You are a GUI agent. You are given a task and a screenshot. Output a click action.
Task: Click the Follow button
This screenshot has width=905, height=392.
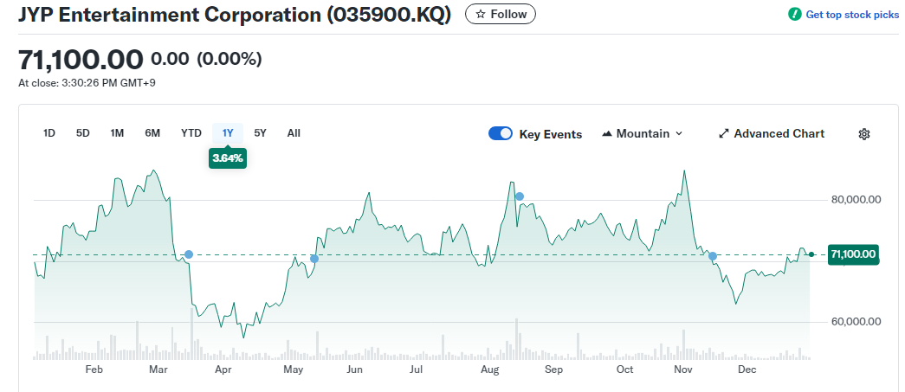[x=501, y=15]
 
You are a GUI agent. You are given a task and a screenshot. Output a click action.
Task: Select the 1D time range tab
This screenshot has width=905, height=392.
[x=49, y=133]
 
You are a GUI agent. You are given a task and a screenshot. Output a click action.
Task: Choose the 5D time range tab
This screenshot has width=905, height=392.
[x=83, y=133]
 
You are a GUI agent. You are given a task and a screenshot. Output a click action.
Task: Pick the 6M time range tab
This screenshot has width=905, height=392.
[x=152, y=133]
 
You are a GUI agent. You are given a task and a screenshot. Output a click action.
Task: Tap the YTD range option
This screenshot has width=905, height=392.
[x=191, y=133]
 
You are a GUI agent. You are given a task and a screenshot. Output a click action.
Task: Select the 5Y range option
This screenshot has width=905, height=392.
[x=261, y=133]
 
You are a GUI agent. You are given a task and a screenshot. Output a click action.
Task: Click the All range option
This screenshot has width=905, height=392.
[x=294, y=133]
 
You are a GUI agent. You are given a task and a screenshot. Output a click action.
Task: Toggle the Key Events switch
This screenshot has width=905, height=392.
[x=501, y=133]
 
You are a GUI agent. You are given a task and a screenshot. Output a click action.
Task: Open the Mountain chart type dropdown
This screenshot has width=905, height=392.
[x=643, y=133]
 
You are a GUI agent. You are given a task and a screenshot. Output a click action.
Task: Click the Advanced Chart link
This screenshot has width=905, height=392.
[x=772, y=133]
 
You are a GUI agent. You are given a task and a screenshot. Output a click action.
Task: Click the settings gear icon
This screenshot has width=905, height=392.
[x=863, y=133]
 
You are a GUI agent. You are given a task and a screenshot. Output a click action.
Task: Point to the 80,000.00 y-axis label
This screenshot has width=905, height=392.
[x=856, y=200]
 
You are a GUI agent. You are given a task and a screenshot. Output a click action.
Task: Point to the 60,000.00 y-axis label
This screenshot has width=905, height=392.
[x=856, y=322]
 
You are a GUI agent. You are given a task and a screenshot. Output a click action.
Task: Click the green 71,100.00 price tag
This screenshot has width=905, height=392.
[x=853, y=254]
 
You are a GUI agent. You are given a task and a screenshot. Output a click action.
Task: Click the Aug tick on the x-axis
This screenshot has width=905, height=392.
[x=490, y=370]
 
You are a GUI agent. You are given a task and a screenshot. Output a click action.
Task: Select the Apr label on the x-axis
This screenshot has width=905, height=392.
[x=223, y=370]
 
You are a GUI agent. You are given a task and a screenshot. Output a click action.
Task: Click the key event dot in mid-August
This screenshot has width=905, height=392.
[x=520, y=196]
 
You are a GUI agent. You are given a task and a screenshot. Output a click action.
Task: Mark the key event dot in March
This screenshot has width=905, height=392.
[x=189, y=254]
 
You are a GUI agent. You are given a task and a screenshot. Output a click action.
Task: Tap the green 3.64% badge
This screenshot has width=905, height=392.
[x=228, y=158]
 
